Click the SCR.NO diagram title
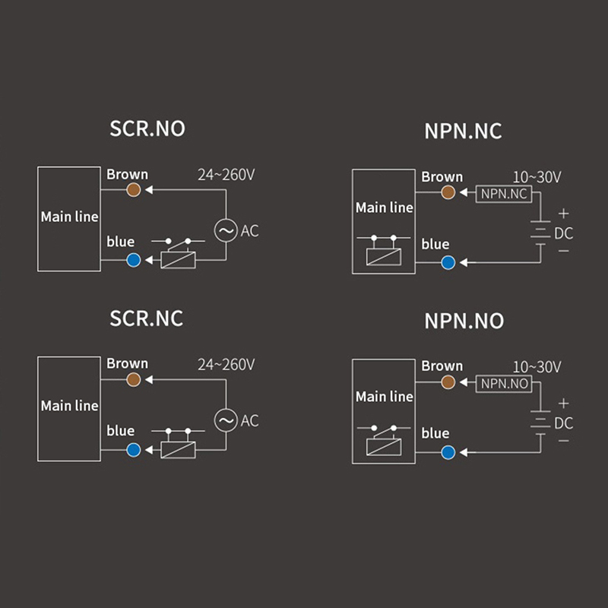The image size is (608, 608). click(147, 128)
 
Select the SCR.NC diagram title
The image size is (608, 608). click(147, 317)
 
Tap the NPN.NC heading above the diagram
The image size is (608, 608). click(463, 131)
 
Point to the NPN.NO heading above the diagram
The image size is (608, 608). click(464, 320)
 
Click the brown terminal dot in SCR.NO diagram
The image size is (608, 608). click(135, 190)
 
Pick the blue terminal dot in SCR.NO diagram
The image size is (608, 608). click(135, 261)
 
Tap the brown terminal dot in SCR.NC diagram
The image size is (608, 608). click(135, 379)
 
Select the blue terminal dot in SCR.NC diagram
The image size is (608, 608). click(135, 450)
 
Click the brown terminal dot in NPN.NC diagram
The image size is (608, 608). click(448, 193)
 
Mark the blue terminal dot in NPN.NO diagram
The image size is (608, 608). click(448, 452)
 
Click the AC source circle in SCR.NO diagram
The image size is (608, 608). click(226, 230)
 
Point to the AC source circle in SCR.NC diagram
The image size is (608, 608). click(226, 420)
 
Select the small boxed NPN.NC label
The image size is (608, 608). click(504, 194)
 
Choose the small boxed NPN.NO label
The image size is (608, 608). click(504, 384)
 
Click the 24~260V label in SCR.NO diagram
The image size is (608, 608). click(226, 175)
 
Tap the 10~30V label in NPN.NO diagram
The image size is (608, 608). click(537, 367)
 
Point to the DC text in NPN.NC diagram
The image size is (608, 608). click(563, 233)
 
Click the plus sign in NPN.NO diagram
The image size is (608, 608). click(563, 404)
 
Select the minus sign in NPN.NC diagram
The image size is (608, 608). click(563, 250)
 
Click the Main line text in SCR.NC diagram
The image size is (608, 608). click(69, 406)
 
